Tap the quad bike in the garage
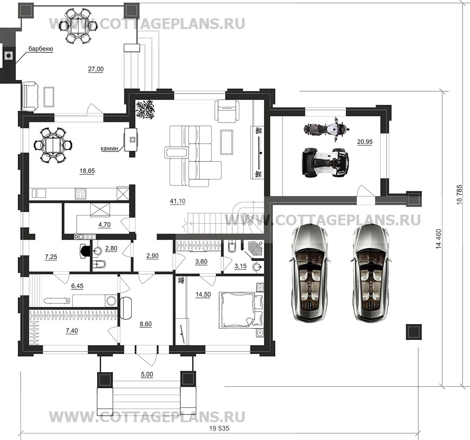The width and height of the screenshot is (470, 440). click(x=326, y=163)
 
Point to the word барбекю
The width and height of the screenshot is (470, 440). click(x=41, y=49)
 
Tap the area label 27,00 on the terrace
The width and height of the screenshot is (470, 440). click(x=96, y=69)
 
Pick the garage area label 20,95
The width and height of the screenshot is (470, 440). click(x=365, y=142)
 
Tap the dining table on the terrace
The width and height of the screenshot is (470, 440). click(x=78, y=25)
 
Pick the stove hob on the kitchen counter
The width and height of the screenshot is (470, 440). click(x=80, y=193)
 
